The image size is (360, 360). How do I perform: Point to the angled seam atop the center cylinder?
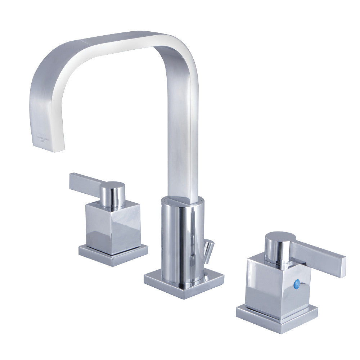click(x=182, y=202)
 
